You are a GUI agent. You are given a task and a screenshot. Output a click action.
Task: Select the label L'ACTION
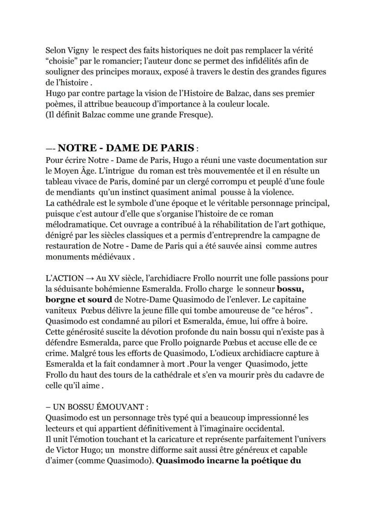(65, 278)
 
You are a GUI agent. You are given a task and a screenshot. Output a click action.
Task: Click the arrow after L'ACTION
(91, 278)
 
